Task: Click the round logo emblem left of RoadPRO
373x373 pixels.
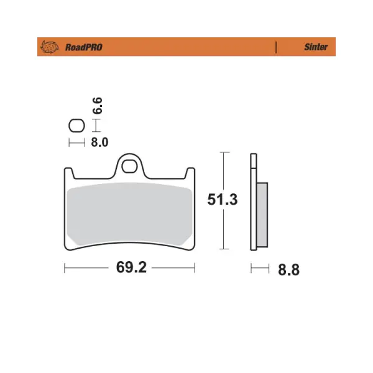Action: (49, 47)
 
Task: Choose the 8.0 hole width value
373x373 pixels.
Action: (99, 142)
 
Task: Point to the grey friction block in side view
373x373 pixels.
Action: (262, 214)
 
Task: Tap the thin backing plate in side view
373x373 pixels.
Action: (253, 205)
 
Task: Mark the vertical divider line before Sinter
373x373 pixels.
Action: (275, 47)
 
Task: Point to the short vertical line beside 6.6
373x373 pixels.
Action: (95, 126)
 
